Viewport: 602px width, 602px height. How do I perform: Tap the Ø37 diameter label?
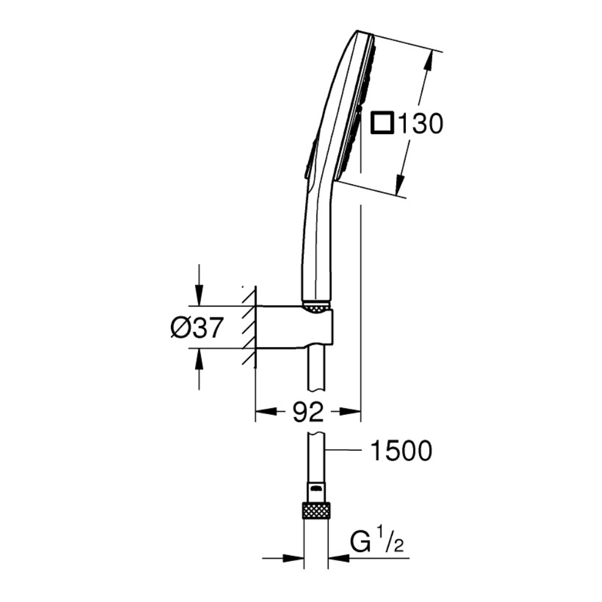tap(197, 328)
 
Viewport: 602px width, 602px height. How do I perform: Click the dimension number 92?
tap(308, 412)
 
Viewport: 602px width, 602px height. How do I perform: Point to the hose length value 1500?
tap(400, 451)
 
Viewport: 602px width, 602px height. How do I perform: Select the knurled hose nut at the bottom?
tap(316, 510)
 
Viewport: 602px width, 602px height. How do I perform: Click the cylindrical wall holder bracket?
tap(295, 327)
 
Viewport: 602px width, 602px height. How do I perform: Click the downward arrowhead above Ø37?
tap(199, 296)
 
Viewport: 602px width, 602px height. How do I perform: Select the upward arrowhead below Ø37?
tap(199, 359)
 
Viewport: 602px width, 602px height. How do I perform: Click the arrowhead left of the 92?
tap(265, 412)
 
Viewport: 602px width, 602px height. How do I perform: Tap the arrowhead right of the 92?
tap(351, 412)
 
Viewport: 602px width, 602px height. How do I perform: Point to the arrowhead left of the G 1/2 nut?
tap(294, 558)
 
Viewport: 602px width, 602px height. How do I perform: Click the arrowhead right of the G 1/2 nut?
tap(338, 558)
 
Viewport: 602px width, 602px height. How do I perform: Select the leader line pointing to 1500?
tap(344, 449)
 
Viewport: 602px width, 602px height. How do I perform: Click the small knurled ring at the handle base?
tap(316, 308)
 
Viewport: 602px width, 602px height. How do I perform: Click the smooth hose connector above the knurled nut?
tap(316, 491)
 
